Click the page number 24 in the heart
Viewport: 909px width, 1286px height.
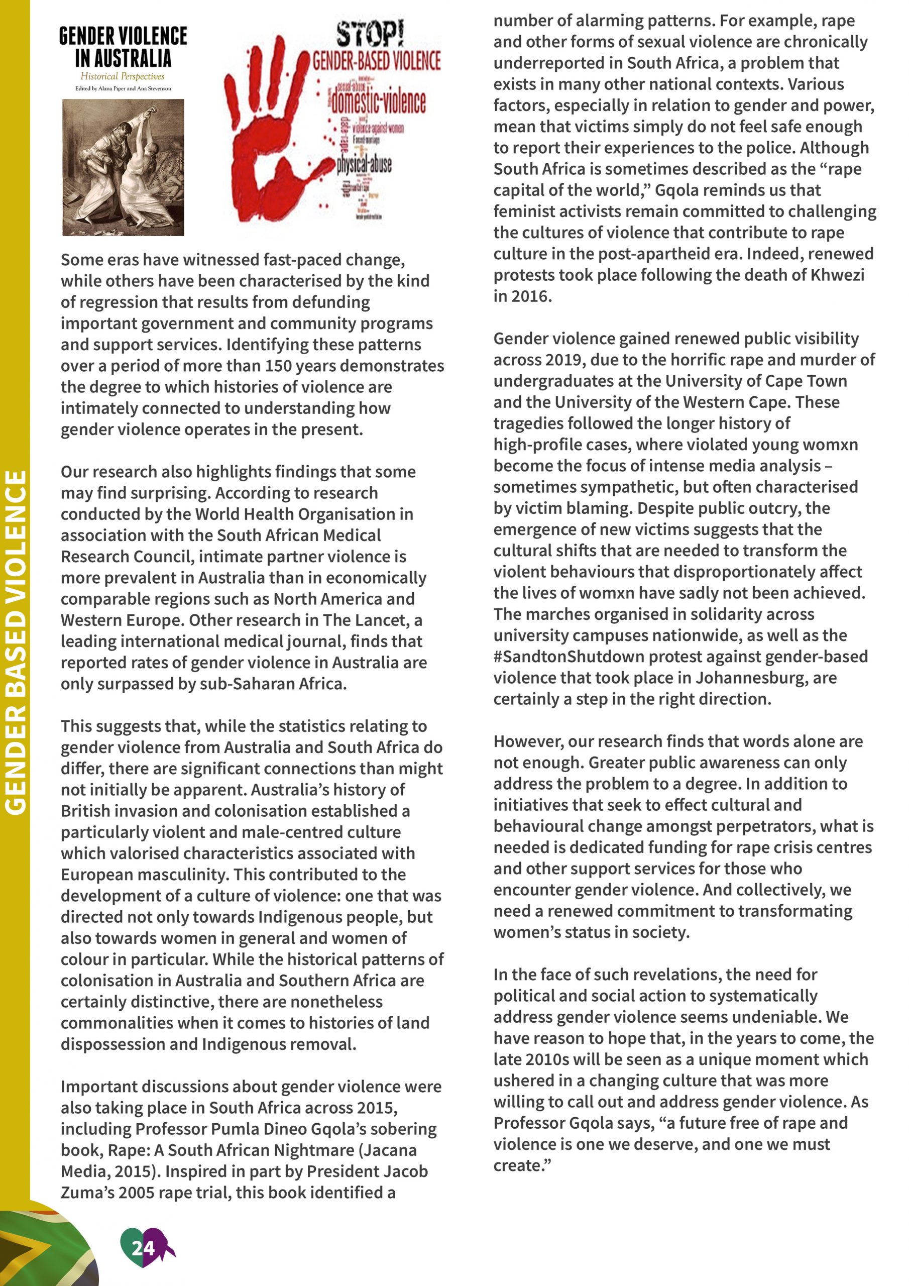coord(143,1247)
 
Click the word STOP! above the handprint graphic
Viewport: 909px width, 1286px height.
coord(370,34)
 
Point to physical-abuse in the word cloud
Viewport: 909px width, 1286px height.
coord(364,164)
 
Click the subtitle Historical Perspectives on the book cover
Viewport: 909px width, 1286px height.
coord(122,76)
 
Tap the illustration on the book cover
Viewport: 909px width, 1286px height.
coord(123,167)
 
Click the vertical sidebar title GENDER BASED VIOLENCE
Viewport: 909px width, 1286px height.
coord(15,642)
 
